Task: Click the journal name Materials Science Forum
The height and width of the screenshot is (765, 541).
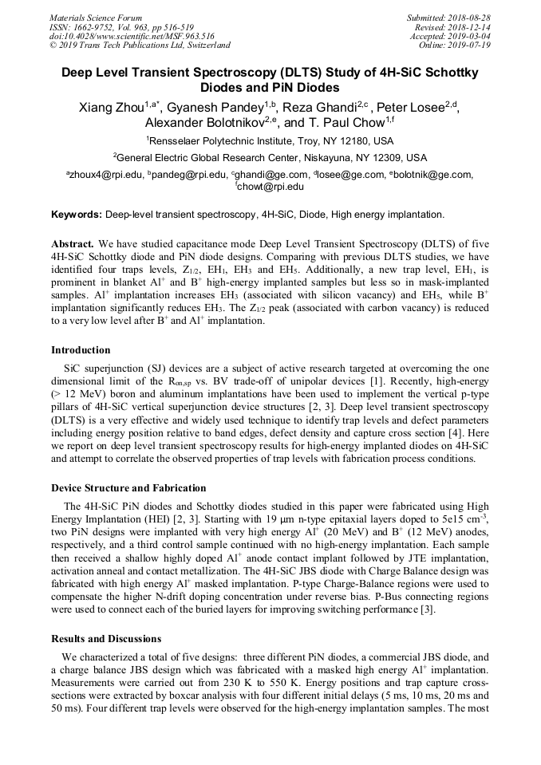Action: [96, 18]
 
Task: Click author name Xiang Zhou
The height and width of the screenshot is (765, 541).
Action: [109, 108]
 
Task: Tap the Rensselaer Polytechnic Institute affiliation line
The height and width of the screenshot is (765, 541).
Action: [270, 140]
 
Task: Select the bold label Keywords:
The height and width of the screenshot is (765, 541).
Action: [77, 215]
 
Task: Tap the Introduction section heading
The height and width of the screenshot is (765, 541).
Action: [81, 350]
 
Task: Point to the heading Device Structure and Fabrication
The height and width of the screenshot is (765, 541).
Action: [128, 487]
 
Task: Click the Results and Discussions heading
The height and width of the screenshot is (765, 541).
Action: [106, 638]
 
